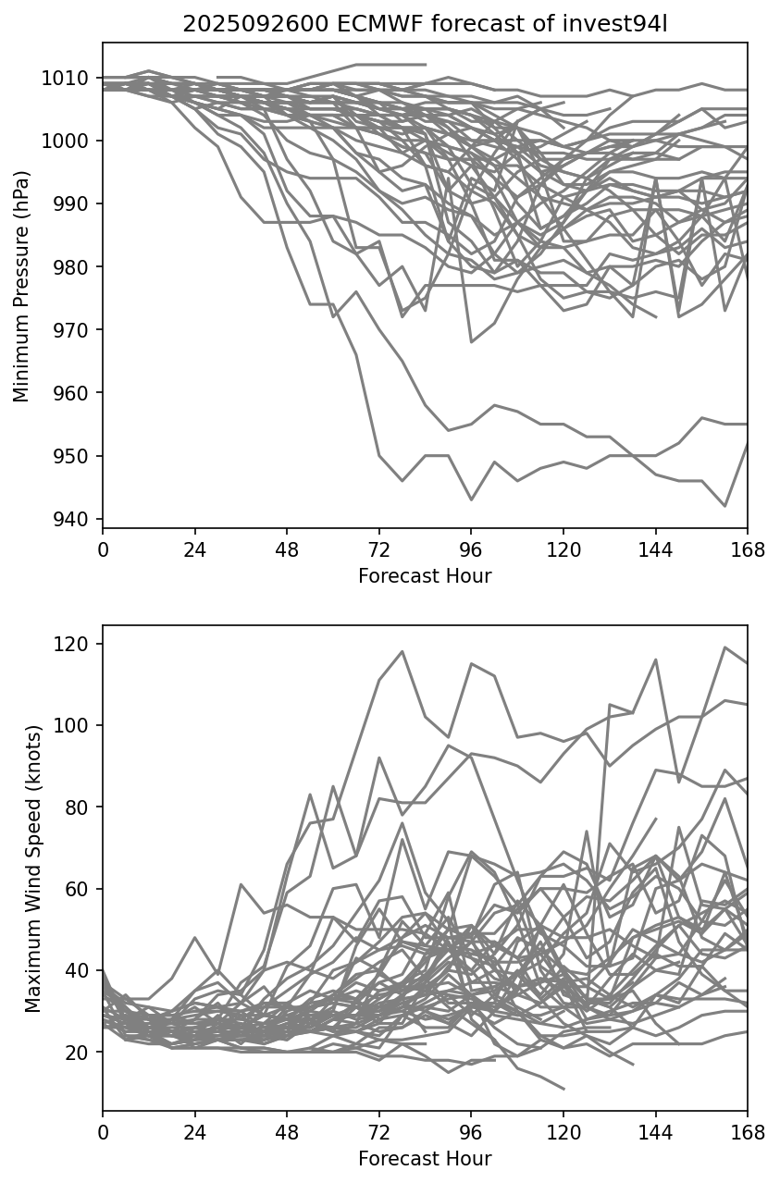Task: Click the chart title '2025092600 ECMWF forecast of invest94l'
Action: click(x=425, y=24)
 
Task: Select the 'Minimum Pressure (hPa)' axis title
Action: click(x=21, y=286)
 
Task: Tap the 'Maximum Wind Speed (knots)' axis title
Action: click(x=32, y=869)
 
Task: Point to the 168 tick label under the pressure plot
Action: click(x=748, y=551)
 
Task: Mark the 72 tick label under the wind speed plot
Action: click(x=378, y=1133)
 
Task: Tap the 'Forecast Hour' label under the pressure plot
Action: click(x=425, y=576)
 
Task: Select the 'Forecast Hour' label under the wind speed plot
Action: click(x=425, y=1158)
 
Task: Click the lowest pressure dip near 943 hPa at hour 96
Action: click(x=471, y=500)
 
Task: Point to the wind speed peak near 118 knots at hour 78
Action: click(x=402, y=651)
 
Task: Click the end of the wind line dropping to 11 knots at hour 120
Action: click(x=563, y=1089)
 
